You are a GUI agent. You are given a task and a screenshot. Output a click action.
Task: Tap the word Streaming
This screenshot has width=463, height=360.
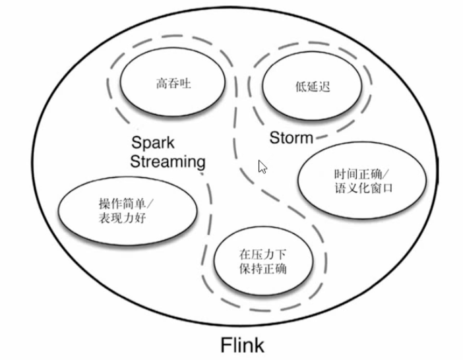[168, 162]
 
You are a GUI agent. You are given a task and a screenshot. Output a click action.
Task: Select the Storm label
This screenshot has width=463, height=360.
[292, 138]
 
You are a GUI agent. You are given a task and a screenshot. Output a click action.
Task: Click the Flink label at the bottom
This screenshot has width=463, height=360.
[241, 344]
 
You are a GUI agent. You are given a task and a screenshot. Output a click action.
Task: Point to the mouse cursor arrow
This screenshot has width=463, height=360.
[262, 166]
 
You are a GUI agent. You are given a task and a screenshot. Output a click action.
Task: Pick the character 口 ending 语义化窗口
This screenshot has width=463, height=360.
[387, 189]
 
